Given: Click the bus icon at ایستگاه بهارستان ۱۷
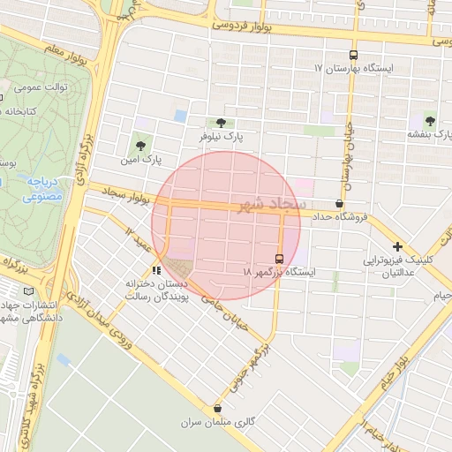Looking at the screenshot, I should click(353, 54).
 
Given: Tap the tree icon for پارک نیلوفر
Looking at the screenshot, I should click(220, 123).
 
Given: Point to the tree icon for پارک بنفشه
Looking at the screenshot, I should click(430, 120).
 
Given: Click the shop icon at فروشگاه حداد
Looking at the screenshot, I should click(340, 202).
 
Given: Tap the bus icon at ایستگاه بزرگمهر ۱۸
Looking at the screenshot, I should click(280, 259).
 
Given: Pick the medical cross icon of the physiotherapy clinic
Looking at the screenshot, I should click(397, 247).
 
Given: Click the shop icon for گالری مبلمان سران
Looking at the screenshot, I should click(217, 408).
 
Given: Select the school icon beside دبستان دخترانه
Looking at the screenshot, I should click(156, 270).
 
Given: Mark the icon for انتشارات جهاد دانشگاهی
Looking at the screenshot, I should click(31, 291).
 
